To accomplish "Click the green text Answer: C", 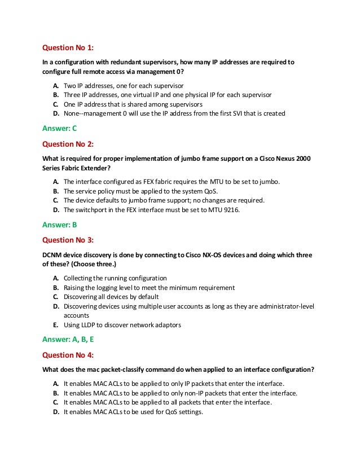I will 60,128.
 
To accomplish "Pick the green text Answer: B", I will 60,225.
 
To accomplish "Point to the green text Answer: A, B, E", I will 69,340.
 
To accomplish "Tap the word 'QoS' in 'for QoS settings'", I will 166,412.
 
